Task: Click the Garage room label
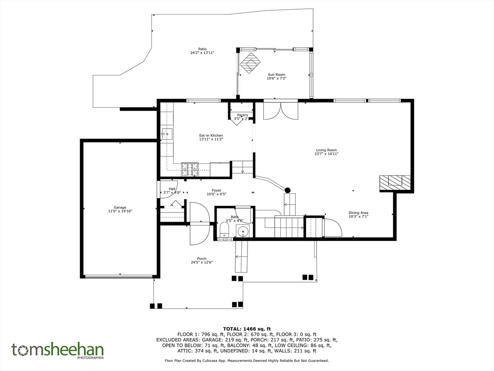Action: click(120, 207)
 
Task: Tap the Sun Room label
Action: click(276, 74)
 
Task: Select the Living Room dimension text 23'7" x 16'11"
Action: click(327, 154)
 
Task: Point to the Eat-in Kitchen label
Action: click(211, 135)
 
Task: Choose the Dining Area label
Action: click(358, 213)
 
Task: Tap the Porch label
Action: click(202, 258)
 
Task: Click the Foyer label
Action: click(216, 190)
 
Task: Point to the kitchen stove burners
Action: click(190, 169)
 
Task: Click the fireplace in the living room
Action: click(395, 182)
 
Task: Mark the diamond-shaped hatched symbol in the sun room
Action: click(251, 63)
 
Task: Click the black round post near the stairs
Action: click(288, 190)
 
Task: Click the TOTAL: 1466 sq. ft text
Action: click(247, 329)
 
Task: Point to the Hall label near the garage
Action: click(172, 189)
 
